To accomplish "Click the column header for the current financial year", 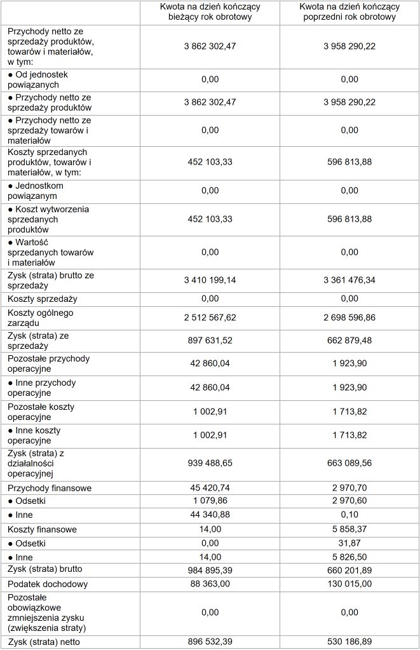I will pos(210,12).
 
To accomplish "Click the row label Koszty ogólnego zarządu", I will pos(41,317).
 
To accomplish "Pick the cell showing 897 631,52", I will pos(210,341).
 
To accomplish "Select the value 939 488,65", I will pos(210,463).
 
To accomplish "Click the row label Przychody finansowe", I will pos(50,488).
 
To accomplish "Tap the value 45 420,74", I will pos(210,488).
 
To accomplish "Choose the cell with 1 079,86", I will pos(210,501).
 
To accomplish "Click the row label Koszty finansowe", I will pos(43,529).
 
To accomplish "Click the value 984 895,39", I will pos(210,569).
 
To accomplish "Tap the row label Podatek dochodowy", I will pos(48,584).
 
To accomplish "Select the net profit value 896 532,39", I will pos(210,641).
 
